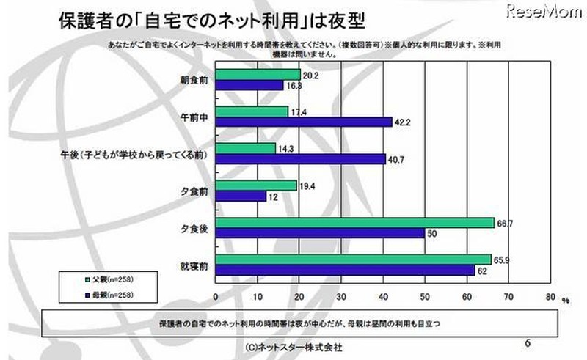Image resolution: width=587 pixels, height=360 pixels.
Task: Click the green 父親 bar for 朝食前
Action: coord(258,75)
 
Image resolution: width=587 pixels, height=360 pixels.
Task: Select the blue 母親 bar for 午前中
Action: coord(304,122)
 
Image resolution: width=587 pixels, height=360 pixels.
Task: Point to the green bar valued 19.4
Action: coord(256,185)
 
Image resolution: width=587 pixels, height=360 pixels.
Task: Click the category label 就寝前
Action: coord(194,265)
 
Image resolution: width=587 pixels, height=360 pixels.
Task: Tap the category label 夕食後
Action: coord(194,228)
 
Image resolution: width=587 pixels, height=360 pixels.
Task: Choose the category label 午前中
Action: coord(194,117)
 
